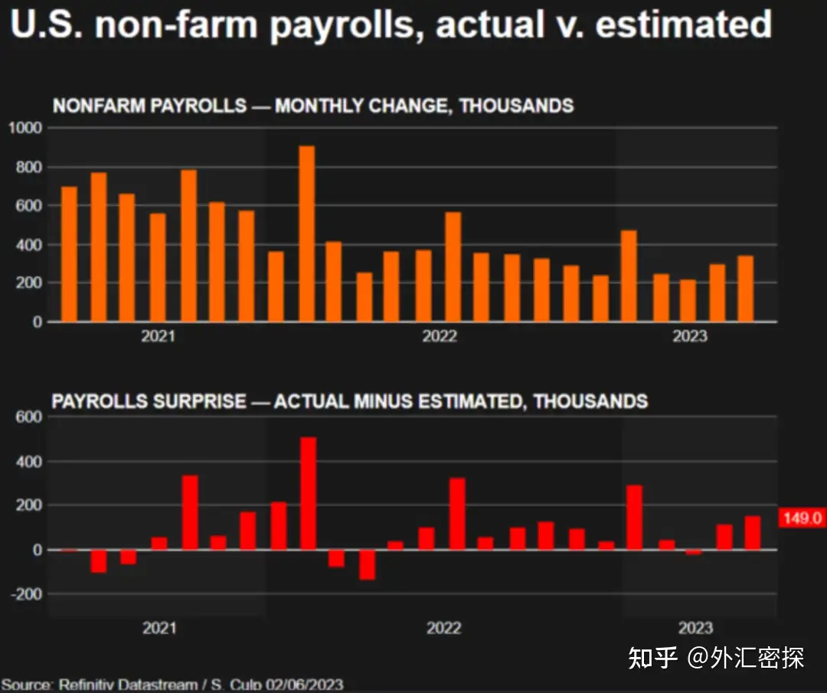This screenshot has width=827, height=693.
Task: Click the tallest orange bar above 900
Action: tap(306, 234)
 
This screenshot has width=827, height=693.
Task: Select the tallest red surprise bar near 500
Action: tap(308, 493)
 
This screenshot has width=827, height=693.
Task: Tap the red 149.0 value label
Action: tap(802, 518)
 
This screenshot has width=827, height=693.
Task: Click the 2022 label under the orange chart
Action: tap(440, 337)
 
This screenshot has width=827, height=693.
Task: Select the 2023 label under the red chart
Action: tap(695, 629)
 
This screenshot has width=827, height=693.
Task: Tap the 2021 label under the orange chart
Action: tap(159, 337)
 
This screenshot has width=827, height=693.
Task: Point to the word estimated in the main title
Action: tap(683, 25)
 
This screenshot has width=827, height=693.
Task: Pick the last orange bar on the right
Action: tap(745, 289)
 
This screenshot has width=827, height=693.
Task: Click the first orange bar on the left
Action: tap(69, 254)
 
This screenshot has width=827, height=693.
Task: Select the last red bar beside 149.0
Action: tap(752, 533)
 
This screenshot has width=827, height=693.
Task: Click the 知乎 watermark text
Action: tap(652, 657)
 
